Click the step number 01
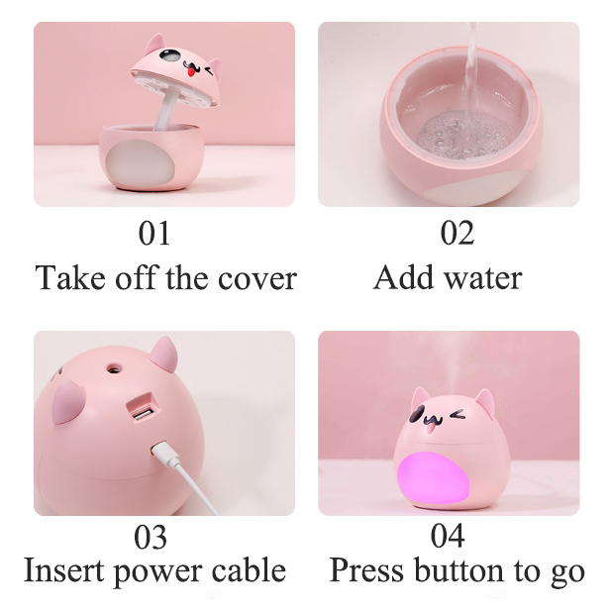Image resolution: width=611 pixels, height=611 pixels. pyautogui.click(x=154, y=233)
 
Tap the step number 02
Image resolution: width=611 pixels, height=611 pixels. pyautogui.click(x=458, y=233)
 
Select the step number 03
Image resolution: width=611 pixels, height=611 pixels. pyautogui.click(x=151, y=537)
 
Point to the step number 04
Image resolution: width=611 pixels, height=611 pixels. pyautogui.click(x=448, y=537)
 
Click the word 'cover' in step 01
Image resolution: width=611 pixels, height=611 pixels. pyautogui.click(x=257, y=279)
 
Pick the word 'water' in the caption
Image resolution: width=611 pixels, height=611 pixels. pyautogui.click(x=483, y=278)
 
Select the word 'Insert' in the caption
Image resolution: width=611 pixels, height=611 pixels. pyautogui.click(x=64, y=570)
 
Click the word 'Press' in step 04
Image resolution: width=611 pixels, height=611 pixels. pyautogui.click(x=366, y=570)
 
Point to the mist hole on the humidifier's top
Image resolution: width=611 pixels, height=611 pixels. pyautogui.click(x=114, y=367)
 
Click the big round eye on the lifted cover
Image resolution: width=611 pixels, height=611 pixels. pyautogui.click(x=169, y=55)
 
